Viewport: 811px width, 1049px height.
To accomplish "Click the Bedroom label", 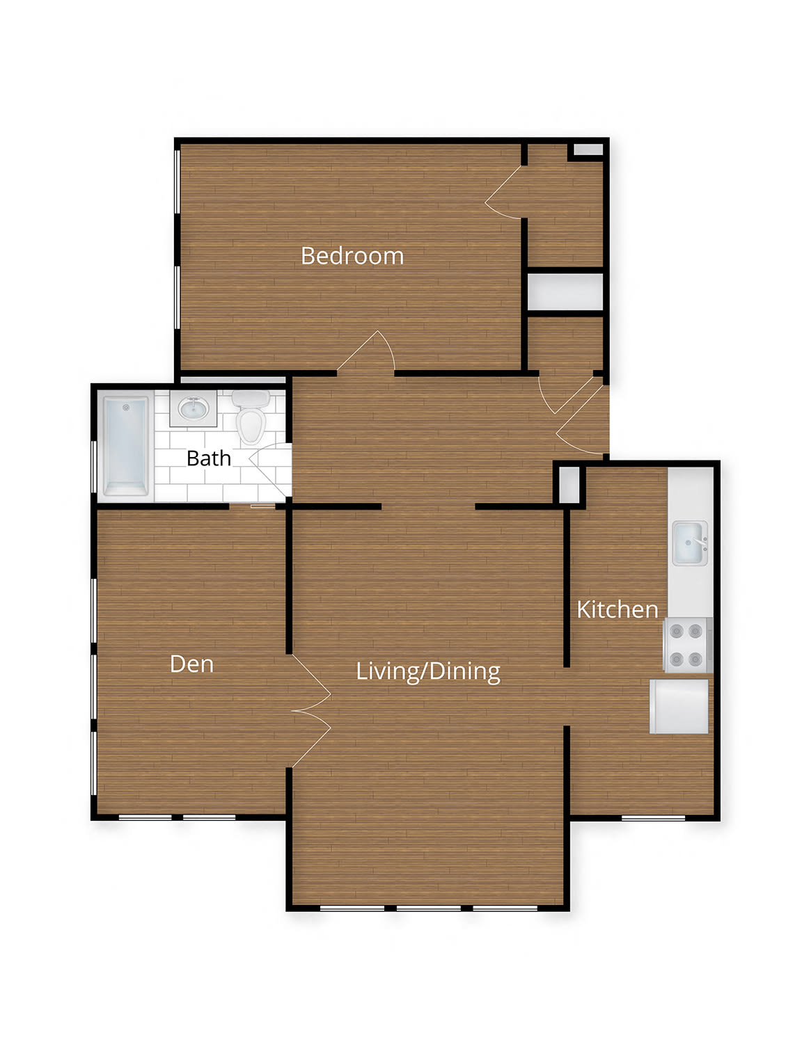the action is (352, 256).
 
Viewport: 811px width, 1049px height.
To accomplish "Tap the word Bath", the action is (209, 458).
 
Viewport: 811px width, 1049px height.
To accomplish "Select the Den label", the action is (191, 664).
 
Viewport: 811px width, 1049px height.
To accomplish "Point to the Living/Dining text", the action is (428, 672).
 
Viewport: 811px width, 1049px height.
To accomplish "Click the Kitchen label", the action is (617, 609).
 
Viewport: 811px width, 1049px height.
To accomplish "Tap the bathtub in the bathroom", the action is (125, 446).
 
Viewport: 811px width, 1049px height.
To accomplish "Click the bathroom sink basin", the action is (194, 409).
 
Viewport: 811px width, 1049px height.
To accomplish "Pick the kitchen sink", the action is (691, 543).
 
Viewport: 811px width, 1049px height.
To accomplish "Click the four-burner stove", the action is (688, 645).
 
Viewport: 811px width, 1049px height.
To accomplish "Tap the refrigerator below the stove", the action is (679, 707).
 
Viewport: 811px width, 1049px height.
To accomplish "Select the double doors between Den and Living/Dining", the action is (312, 711).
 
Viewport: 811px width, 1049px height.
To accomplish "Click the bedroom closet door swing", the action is (504, 192).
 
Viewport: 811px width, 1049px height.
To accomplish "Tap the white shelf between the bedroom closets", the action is (565, 292).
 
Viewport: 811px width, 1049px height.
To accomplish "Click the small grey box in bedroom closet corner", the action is (588, 150).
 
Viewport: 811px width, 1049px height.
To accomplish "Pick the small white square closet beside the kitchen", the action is (569, 485).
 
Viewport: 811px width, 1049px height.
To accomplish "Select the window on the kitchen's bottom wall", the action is (653, 818).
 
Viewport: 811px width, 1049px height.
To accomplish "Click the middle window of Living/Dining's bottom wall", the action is (428, 908).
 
